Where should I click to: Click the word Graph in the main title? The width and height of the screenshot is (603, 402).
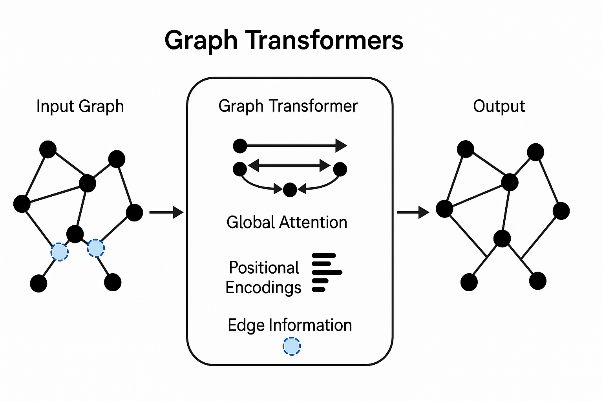pos(201,41)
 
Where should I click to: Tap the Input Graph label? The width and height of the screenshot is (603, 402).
pos(80,106)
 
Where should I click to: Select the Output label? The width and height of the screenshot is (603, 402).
pos(499,106)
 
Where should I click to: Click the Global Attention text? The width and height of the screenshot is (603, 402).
pos(287,223)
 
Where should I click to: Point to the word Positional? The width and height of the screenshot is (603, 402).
pos(264,268)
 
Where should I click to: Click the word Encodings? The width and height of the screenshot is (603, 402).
pos(263,288)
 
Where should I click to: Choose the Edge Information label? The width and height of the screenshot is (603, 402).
pos(290,325)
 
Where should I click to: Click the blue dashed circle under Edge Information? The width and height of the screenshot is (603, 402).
pos(292,347)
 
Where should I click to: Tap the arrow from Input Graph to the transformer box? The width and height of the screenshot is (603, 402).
pos(166,212)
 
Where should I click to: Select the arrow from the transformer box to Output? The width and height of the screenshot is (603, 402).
pos(413,212)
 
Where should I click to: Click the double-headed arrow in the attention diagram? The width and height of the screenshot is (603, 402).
pos(289,166)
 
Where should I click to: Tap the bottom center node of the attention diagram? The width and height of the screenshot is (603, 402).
pos(290,190)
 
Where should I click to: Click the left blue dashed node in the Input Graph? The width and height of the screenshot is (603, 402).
pos(60,252)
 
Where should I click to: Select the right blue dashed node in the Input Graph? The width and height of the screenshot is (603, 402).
pos(96,248)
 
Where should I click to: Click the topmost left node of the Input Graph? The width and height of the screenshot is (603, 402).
pos(48,149)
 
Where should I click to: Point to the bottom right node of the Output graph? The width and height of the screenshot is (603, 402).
pos(537,281)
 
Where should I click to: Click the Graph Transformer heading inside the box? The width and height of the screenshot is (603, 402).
pos(288,106)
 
